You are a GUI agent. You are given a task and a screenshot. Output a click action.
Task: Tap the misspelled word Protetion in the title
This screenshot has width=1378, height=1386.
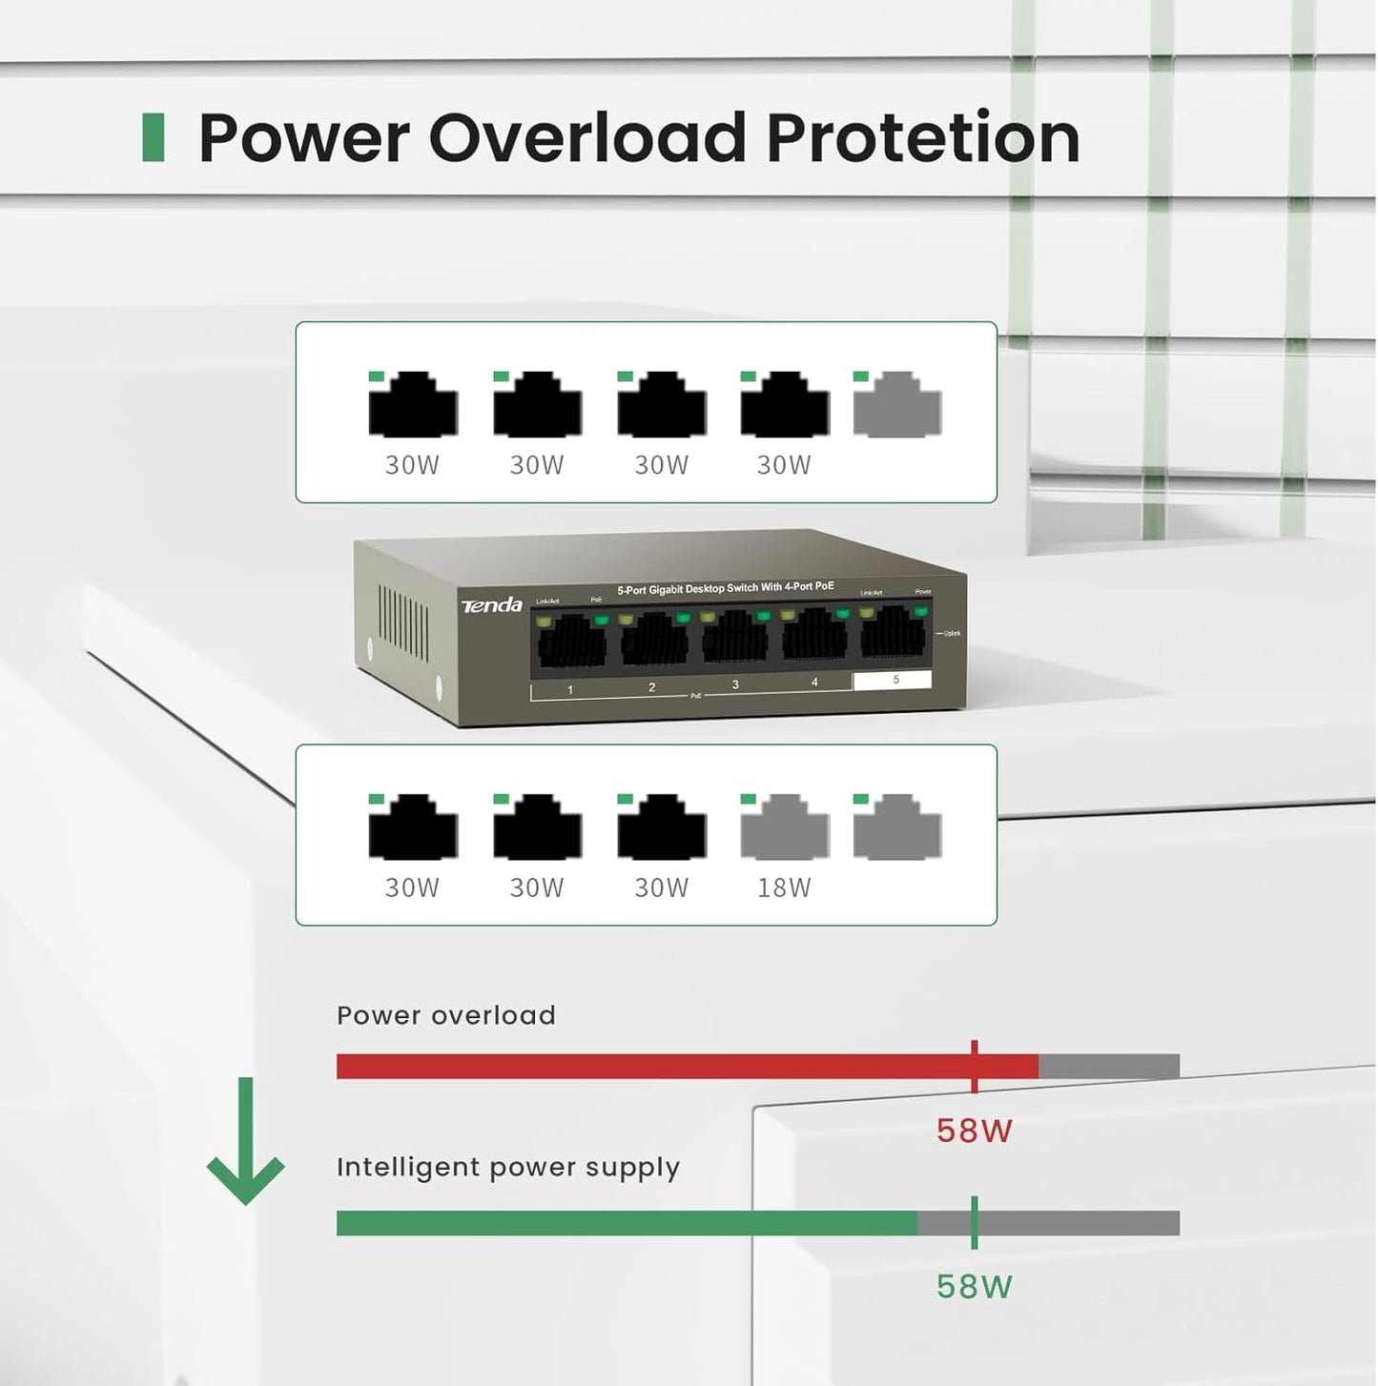tap(922, 138)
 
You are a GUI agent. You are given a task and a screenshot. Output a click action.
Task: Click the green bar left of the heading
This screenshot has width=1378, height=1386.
tap(153, 137)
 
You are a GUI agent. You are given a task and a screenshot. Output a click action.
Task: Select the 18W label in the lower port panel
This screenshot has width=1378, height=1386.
tap(784, 887)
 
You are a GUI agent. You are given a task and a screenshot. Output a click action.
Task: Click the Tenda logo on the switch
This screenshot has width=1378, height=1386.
tap(492, 605)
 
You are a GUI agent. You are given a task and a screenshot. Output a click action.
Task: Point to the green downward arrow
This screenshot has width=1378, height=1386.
tap(245, 1143)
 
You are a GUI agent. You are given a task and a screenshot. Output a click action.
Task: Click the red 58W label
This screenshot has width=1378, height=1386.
tap(974, 1131)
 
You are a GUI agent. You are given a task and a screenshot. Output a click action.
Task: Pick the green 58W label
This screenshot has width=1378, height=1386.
tap(974, 1287)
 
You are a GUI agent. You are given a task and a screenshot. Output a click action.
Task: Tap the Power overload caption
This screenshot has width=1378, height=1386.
tap(446, 1015)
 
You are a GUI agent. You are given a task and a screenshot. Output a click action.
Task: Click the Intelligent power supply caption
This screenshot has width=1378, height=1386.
tap(508, 1167)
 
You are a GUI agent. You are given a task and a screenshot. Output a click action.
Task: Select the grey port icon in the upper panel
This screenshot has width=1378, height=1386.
tap(896, 405)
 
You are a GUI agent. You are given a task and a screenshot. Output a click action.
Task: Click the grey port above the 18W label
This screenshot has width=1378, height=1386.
tap(784, 827)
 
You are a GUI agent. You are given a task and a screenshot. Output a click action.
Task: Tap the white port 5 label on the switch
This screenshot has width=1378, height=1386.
tap(893, 680)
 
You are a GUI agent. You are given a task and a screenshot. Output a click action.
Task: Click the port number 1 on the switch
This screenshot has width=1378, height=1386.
tap(570, 689)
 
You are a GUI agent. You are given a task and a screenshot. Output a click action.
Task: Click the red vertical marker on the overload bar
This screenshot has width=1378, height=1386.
tap(974, 1066)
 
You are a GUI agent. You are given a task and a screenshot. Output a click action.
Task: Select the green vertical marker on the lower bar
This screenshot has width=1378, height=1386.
tap(974, 1222)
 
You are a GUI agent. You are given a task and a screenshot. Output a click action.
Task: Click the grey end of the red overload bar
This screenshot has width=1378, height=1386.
tap(1108, 1066)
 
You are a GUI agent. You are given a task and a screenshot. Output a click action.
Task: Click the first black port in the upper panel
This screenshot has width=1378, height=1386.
tap(413, 405)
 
